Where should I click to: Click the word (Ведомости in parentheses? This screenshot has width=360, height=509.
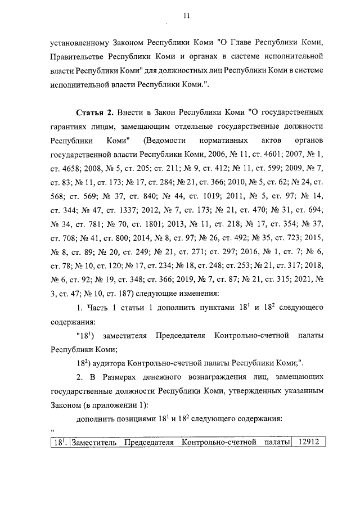point(167,139)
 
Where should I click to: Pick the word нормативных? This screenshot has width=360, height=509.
point(222,139)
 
